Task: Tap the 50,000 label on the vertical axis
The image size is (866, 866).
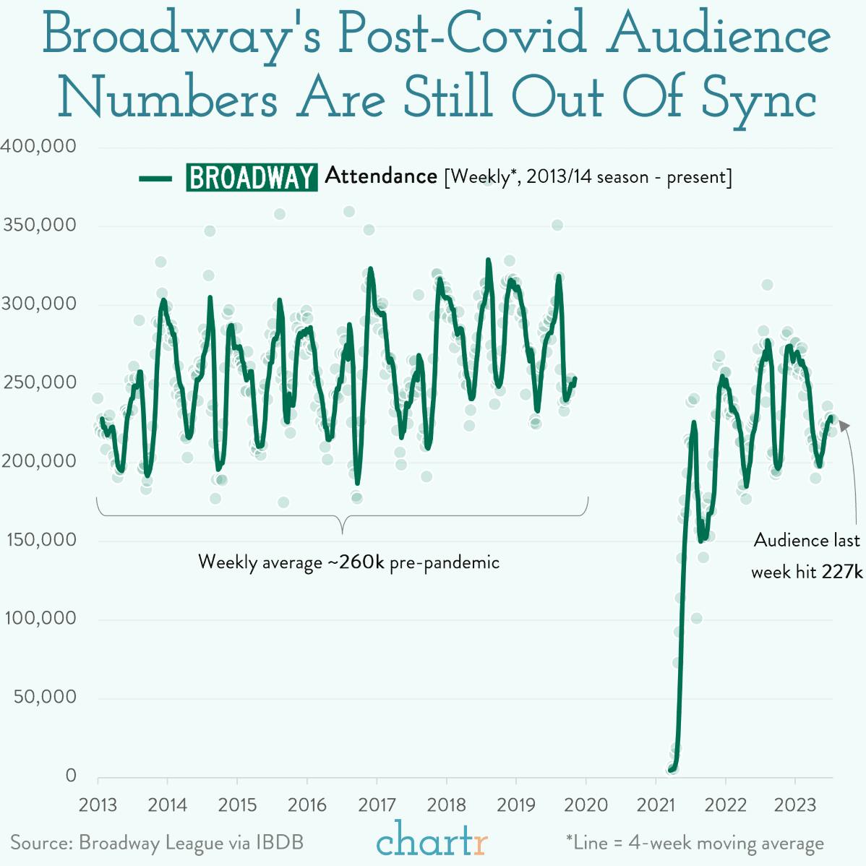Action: (45, 698)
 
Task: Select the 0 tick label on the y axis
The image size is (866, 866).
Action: (71, 776)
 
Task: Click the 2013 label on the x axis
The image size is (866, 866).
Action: (98, 805)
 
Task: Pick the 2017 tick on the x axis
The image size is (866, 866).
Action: (377, 805)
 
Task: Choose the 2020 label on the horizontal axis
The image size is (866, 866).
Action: (586, 805)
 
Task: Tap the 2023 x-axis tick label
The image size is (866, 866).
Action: (795, 805)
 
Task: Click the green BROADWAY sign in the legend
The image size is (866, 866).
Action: (252, 177)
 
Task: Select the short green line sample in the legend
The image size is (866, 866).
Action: (155, 178)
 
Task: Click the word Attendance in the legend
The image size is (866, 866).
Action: (381, 176)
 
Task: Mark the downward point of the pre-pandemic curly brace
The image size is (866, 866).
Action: (343, 531)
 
